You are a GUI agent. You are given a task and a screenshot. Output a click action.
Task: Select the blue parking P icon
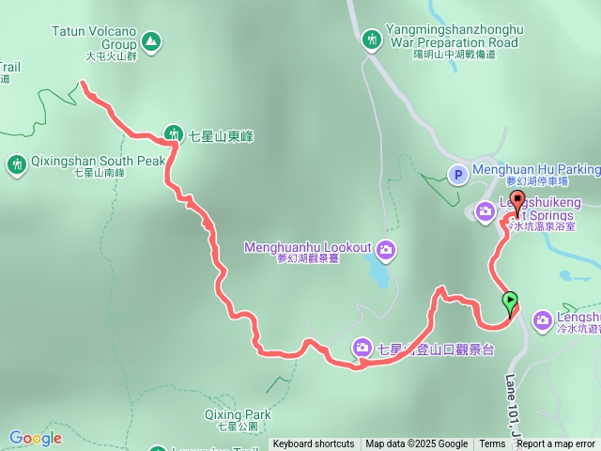[x=457, y=174]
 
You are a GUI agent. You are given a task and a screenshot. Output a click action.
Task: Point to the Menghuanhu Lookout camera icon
[x=387, y=249]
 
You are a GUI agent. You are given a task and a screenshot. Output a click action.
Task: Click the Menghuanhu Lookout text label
[x=307, y=248]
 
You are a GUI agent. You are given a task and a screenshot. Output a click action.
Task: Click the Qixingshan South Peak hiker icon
[x=16, y=165]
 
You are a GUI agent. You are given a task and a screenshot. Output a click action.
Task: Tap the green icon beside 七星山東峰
[x=174, y=134]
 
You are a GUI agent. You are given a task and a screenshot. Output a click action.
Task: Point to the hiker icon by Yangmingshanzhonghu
[x=373, y=39]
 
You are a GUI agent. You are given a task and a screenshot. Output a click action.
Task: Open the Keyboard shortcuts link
[x=314, y=444]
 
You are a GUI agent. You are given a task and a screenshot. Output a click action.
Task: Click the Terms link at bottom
[x=492, y=444]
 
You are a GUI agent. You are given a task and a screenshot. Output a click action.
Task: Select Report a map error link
[x=555, y=444]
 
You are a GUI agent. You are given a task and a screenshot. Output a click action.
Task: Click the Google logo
[x=35, y=438]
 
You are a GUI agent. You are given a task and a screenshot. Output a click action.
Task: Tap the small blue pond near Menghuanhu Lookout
[x=378, y=273]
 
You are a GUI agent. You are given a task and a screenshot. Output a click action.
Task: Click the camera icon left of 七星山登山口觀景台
[x=363, y=349]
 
